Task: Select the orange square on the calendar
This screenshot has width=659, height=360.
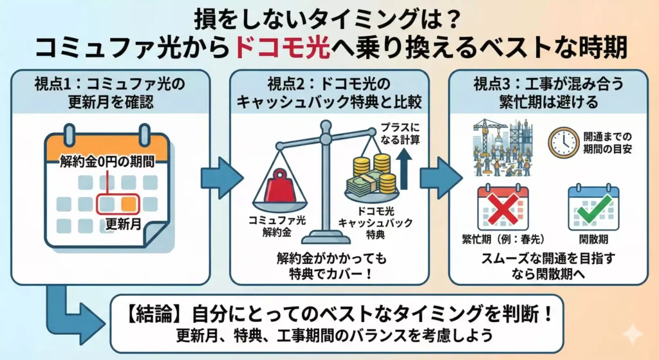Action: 129,204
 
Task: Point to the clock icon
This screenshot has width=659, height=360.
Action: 564,142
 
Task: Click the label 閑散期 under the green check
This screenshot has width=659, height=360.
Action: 593,240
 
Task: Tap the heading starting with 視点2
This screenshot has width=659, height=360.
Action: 329,93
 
